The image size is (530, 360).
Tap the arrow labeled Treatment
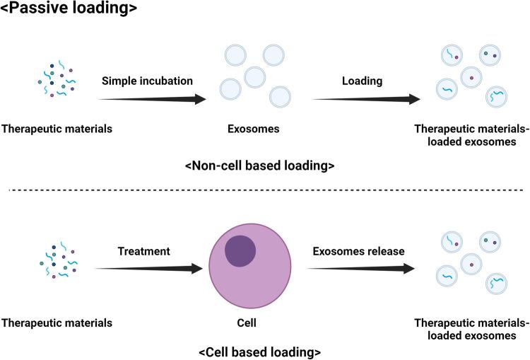tap(146, 268)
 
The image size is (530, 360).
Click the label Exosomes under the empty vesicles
tap(251, 129)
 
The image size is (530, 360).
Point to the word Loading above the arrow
tap(362, 81)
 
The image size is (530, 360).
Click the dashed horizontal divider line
tap(265, 189)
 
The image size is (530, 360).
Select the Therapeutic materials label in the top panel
tap(57, 129)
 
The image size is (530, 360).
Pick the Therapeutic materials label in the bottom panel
tap(57, 323)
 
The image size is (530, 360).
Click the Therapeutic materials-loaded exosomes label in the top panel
tap(472, 134)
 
